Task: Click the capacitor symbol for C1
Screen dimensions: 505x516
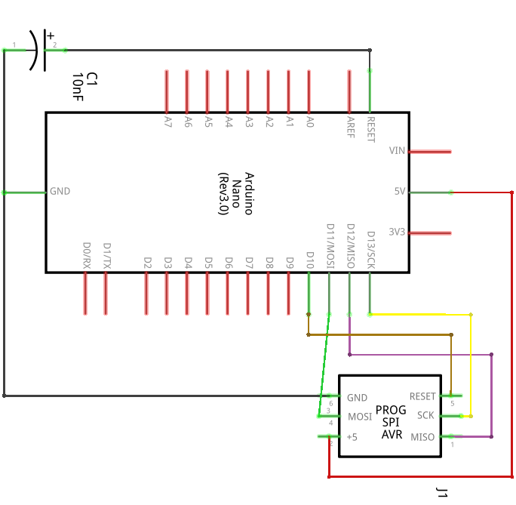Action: (x=36, y=50)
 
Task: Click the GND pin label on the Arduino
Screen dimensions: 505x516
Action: (x=60, y=192)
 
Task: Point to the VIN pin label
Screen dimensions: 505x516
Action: (x=397, y=151)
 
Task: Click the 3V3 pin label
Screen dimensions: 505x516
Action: (x=397, y=232)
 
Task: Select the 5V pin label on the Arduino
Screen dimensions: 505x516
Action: (x=400, y=192)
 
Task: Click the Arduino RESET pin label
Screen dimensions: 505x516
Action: (x=370, y=128)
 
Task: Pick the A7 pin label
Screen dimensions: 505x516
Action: (x=167, y=121)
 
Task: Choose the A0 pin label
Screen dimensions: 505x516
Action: (x=309, y=121)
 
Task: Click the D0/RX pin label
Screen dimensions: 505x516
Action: (x=86, y=256)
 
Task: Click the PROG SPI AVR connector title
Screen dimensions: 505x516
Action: (x=390, y=422)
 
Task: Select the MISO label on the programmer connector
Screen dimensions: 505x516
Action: (x=422, y=437)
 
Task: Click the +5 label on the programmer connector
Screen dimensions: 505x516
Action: (x=352, y=437)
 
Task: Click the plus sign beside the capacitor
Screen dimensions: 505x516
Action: (x=51, y=35)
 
